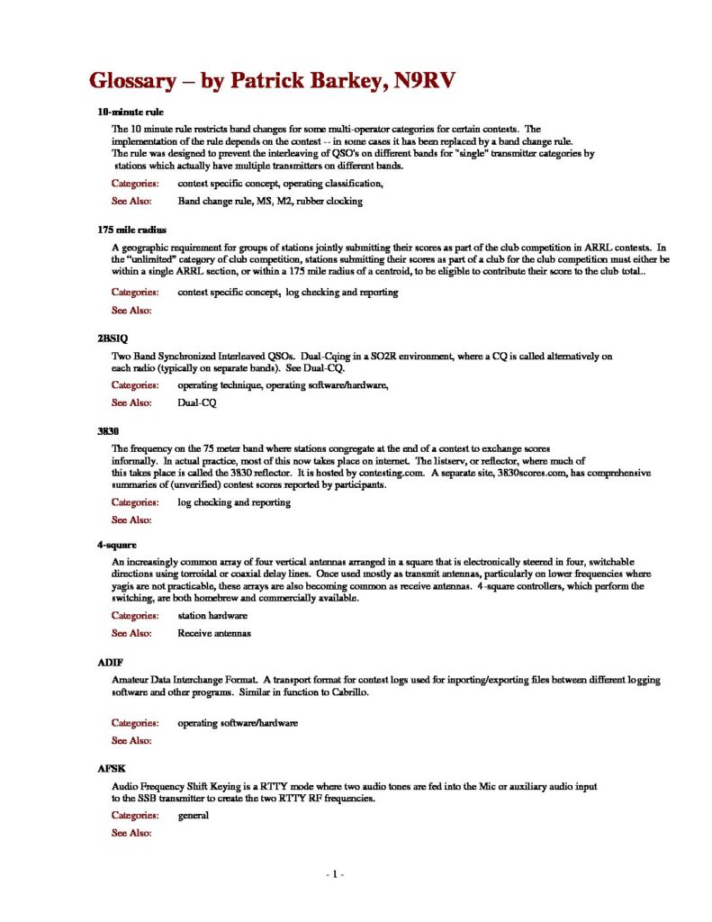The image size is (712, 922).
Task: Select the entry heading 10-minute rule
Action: coord(131,113)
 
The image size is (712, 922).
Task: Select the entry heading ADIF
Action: coord(110,662)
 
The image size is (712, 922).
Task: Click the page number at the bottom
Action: coord(335,874)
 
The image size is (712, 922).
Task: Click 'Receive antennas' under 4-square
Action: coord(213,633)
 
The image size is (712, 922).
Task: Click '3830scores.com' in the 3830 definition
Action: coord(534,472)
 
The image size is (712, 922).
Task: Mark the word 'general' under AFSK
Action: coord(193,815)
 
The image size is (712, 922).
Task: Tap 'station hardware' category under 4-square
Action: coord(212,616)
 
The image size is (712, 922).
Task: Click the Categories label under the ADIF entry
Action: coord(136,722)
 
